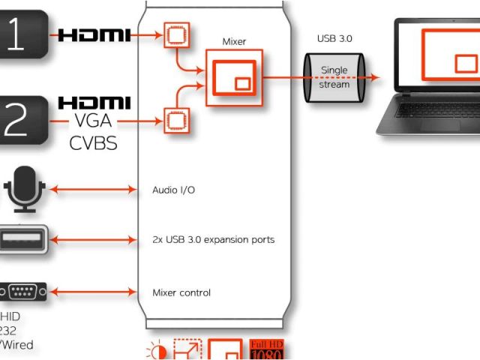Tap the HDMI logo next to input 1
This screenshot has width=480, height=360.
94,34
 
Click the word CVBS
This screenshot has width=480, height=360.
94,142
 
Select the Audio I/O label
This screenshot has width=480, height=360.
173,190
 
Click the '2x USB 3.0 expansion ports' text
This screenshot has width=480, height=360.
213,240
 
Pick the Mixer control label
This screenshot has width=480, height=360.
181,292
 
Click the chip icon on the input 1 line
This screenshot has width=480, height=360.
178,34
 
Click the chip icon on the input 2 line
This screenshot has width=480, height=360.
176,119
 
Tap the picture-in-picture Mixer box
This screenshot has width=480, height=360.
234,76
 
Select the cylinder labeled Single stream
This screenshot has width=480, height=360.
334,76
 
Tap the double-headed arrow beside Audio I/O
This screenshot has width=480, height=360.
97,190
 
